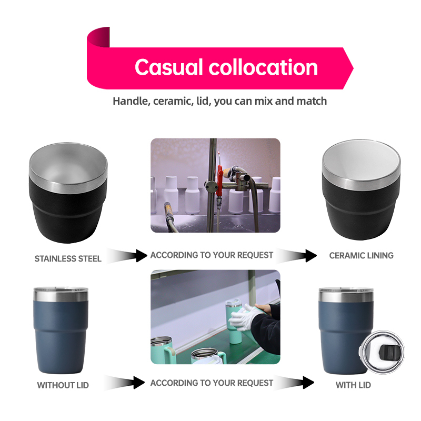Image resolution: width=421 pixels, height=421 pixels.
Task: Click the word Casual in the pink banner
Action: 168,67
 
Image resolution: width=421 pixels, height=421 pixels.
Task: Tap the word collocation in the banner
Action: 263,67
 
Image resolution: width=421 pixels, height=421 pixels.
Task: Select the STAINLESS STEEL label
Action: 68,258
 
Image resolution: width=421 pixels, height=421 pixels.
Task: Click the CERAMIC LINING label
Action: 361,255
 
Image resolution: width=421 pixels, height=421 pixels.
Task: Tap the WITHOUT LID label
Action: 63,385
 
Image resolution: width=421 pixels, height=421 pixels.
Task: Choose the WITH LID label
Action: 353,385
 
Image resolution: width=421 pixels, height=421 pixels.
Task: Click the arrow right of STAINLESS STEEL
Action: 127,256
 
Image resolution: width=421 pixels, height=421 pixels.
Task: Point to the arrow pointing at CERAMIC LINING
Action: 296,255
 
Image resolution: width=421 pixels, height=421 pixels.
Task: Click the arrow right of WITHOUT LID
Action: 124,383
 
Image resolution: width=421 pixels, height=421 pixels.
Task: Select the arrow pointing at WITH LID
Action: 294,382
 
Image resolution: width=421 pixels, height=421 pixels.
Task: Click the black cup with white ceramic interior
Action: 361,190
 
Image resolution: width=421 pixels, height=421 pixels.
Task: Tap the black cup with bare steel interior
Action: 68,193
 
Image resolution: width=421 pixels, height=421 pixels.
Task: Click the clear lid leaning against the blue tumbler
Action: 382,352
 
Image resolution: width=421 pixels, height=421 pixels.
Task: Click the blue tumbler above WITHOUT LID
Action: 61,330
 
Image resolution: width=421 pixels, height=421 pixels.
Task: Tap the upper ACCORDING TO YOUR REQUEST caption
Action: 212,255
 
